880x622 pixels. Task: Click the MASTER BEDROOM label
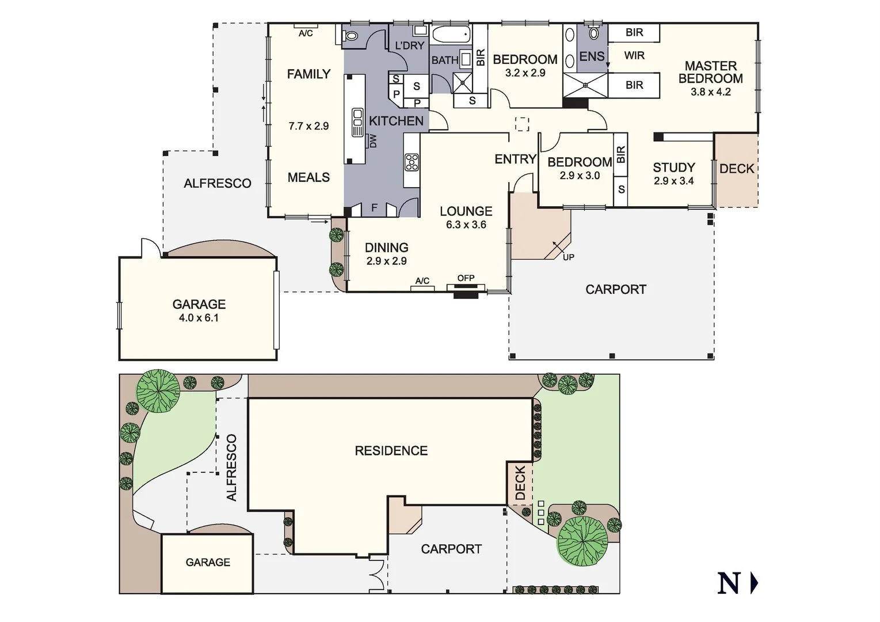point(710,72)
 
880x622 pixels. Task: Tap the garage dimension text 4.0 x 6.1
point(199,318)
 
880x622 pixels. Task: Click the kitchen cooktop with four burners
point(412,162)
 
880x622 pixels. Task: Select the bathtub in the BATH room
point(451,35)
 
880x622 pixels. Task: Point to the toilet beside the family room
point(351,36)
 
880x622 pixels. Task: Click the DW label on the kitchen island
point(373,141)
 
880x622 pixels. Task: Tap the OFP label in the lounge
point(466,278)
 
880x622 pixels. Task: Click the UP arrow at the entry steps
point(568,257)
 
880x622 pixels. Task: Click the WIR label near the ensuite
point(634,56)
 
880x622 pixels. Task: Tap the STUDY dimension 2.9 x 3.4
point(673,181)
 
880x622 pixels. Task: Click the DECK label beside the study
point(737,169)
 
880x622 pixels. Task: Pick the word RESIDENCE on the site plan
point(391,451)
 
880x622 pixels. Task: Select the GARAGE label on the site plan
point(208,562)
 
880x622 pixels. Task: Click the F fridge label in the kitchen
point(374,208)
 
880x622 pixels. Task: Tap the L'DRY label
point(409,45)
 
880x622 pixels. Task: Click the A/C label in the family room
point(306,33)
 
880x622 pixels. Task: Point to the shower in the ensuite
point(585,85)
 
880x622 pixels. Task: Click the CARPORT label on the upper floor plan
point(615,290)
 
